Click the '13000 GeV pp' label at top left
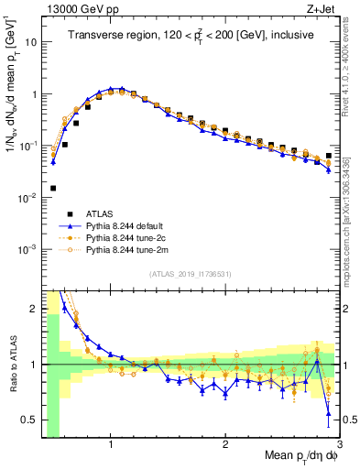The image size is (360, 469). click(72, 10)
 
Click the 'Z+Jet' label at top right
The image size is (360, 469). click(321, 10)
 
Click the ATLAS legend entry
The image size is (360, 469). click(102, 213)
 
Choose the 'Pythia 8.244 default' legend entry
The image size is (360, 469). click(129, 225)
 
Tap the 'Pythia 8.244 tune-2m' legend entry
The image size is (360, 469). click(129, 249)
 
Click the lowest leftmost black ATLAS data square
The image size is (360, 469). click(53, 188)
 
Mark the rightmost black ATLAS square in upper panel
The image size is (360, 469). click(329, 156)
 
